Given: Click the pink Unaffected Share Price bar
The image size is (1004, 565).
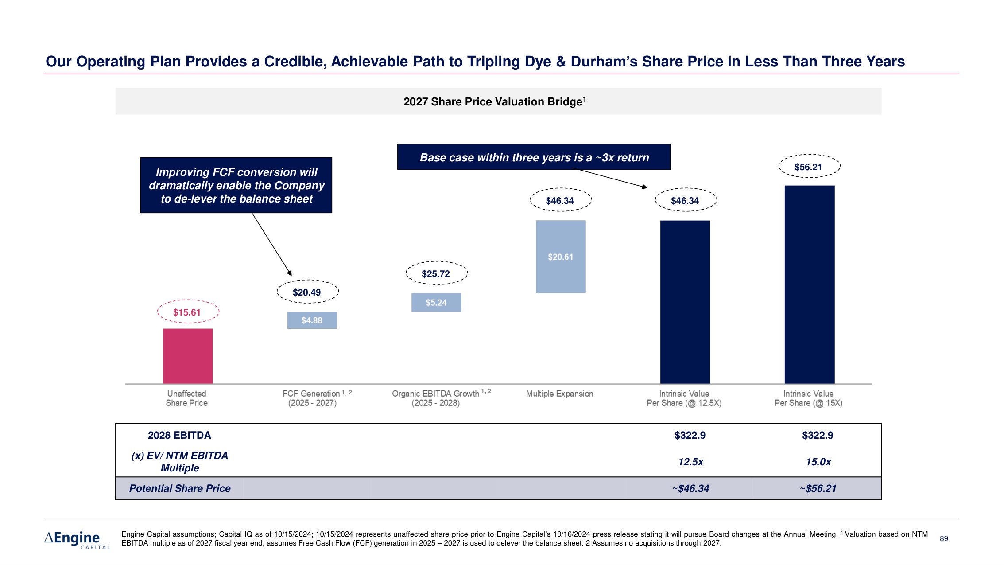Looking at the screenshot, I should tap(188, 356).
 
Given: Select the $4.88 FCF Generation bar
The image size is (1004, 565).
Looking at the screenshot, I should tap(312, 320).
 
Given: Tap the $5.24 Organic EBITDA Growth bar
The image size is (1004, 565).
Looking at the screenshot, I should tap(436, 302).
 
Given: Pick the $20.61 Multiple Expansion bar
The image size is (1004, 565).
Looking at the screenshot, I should tap(561, 257).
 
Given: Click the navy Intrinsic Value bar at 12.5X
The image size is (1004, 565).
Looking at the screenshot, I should tap(685, 302).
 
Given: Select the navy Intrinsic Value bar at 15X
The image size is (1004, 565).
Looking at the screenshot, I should tap(809, 284).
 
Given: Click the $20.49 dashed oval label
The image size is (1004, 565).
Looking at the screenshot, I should tap(307, 292).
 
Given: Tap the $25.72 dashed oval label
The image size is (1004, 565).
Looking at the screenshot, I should tap(436, 273).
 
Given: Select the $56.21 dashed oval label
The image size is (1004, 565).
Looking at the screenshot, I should tap(809, 167).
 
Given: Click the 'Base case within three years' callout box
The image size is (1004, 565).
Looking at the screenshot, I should tap(534, 157).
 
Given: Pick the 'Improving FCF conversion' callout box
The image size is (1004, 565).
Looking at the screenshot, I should tap(236, 185).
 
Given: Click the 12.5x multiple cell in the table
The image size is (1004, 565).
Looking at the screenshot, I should tap(690, 462).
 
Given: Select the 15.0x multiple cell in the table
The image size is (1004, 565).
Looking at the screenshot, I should tap(818, 462).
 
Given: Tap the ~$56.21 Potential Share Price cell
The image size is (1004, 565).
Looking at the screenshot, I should tap(818, 488).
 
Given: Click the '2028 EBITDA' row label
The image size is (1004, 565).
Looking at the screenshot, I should tap(179, 435).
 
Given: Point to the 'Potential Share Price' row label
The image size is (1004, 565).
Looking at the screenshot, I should tap(180, 488).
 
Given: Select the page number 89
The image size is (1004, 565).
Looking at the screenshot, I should tap(944, 538).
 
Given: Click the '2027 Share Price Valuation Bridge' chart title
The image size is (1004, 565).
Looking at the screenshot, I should tap(495, 101).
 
